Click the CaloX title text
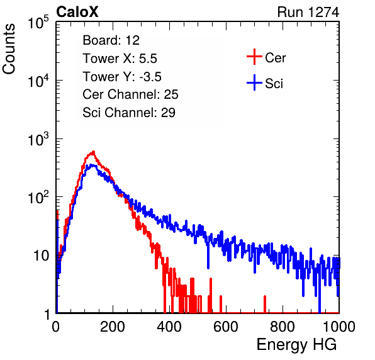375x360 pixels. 77,11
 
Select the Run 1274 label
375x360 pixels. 308,12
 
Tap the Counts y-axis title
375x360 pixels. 9,49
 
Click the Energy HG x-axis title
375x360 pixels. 296,344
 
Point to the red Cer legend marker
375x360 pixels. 254,57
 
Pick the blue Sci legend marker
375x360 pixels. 254,83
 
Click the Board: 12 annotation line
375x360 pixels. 111,40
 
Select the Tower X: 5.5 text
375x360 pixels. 120,59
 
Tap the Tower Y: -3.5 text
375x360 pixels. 122,77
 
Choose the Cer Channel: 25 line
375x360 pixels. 130,94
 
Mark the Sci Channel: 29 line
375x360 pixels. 129,113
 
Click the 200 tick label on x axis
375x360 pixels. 113,327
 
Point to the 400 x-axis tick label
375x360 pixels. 169,327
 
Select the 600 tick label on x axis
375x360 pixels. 226,327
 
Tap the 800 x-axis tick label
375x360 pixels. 283,327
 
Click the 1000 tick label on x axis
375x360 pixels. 339,327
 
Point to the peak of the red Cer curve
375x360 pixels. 94,152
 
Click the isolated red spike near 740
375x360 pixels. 265,304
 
